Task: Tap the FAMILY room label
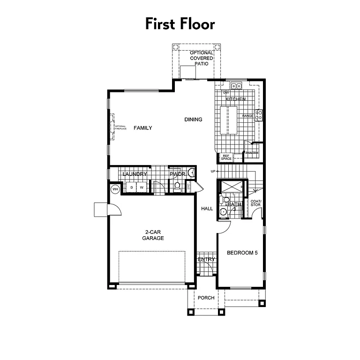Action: click(x=142, y=128)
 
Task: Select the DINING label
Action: click(x=193, y=120)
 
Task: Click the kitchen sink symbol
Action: click(x=237, y=86)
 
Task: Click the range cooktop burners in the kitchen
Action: click(x=258, y=115)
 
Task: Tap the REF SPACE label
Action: click(x=226, y=158)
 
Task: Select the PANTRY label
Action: click(x=252, y=153)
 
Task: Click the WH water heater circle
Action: click(x=115, y=189)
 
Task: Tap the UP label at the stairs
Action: click(x=213, y=171)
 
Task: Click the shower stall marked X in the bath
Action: click(x=232, y=186)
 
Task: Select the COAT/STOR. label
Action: click(x=255, y=203)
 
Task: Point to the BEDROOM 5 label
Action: click(x=242, y=253)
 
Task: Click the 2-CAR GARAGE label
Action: click(x=154, y=235)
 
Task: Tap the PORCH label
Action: click(x=206, y=298)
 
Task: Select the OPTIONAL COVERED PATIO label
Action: click(x=202, y=58)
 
